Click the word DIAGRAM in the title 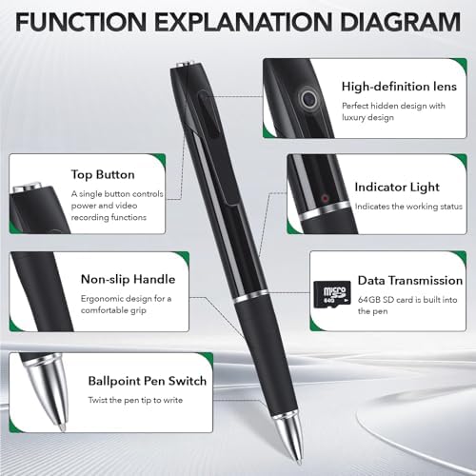click(x=400, y=22)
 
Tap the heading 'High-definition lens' click(x=399, y=87)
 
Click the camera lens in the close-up click(x=307, y=99)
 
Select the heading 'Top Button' click(x=103, y=174)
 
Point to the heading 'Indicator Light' click(x=397, y=187)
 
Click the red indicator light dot click(x=325, y=199)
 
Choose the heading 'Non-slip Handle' click(x=128, y=279)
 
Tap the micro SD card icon click(x=332, y=294)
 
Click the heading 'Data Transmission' click(x=410, y=281)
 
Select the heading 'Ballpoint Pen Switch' click(x=148, y=381)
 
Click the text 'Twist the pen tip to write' click(x=135, y=400)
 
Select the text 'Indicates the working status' click(x=408, y=207)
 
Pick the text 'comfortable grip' click(x=113, y=310)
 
